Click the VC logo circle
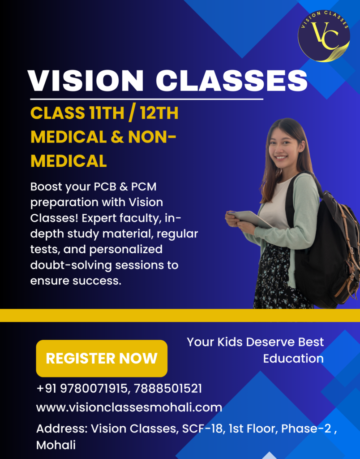point(324,36)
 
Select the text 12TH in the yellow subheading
point(159,113)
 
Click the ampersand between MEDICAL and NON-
point(117,137)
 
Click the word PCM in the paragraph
point(144,187)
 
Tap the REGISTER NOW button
point(102,358)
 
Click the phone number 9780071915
point(94,389)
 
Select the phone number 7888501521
point(168,389)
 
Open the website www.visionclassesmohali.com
point(129,407)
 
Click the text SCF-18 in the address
point(202,429)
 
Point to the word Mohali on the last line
point(56,445)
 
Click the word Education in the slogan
point(293,359)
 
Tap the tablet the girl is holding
point(250,219)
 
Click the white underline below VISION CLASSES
point(146,99)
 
